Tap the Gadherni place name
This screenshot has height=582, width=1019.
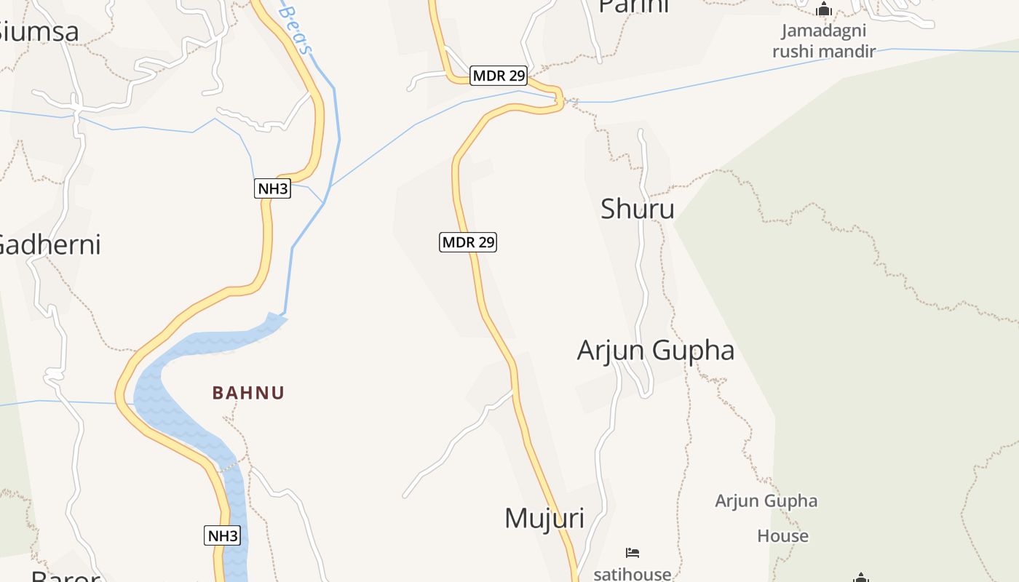coord(49,244)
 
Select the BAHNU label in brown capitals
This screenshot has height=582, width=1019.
coord(248,393)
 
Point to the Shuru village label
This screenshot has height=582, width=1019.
coord(637,210)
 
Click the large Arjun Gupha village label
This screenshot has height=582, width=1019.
coord(655,351)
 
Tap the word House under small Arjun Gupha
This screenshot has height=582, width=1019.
coord(782,536)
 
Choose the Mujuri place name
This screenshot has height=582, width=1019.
coord(544,518)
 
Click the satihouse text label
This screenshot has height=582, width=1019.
coord(632,574)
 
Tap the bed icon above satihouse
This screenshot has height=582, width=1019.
coord(632,553)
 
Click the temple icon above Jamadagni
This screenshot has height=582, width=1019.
coord(823,10)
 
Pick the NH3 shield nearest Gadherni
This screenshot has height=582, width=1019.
coord(273,189)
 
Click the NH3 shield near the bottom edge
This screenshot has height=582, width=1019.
coord(222,536)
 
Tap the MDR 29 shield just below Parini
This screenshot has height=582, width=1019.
coord(499,76)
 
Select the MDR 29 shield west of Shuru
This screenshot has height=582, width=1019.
coord(468,242)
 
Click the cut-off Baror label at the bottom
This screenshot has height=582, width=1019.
coord(66,576)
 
